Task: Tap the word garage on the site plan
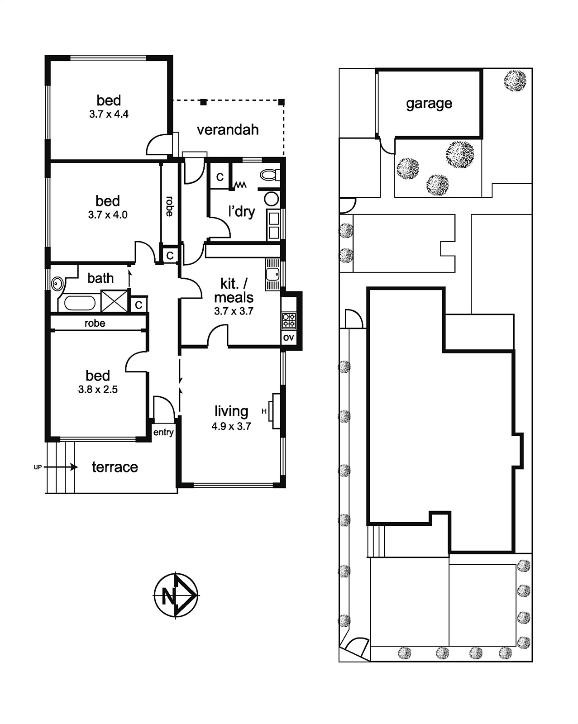pos(429,104)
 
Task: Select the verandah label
pos(228,130)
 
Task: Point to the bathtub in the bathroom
pos(80,303)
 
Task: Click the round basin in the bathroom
pos(56,284)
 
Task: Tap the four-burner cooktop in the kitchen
pos(289,320)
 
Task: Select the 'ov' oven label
pos(288,338)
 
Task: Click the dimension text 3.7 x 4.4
pos(109,114)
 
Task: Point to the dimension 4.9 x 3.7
pos(231,427)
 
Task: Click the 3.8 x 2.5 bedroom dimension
pos(98,390)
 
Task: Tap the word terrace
pos(115,467)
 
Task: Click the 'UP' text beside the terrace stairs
pos(38,467)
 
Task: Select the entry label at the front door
pos(163,433)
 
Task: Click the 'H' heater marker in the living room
pos(264,411)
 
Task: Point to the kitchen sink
pos(272,275)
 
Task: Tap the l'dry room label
pos(241,212)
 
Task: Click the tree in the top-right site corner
pos(515,81)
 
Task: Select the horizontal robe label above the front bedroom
pos(95,323)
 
